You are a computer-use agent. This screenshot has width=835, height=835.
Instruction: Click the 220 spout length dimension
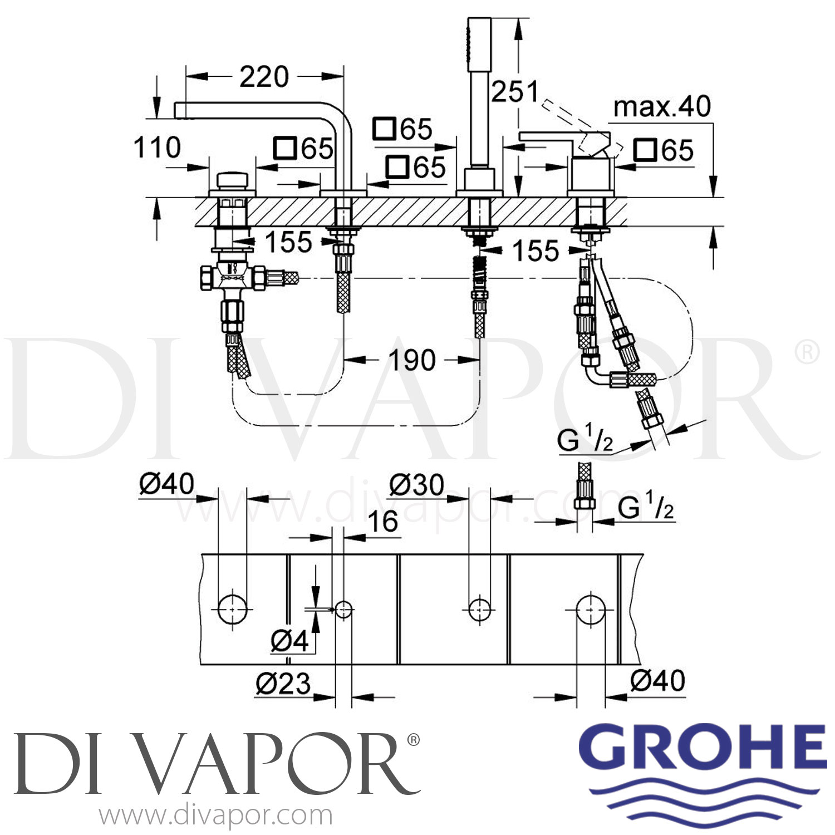(x=264, y=76)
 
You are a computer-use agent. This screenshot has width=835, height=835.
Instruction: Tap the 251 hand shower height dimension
(x=515, y=91)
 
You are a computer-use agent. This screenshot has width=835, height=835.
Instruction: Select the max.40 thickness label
(x=662, y=106)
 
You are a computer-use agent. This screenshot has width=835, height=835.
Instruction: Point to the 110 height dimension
(x=157, y=148)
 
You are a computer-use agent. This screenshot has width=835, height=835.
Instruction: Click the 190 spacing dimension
(x=412, y=360)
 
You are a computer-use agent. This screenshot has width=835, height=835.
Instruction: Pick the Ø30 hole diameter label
(x=416, y=485)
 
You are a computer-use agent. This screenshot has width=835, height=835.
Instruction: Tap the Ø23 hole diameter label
(x=283, y=683)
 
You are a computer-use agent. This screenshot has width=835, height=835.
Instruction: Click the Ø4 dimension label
(x=289, y=641)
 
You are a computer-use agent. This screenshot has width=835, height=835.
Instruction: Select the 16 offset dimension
(x=383, y=522)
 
